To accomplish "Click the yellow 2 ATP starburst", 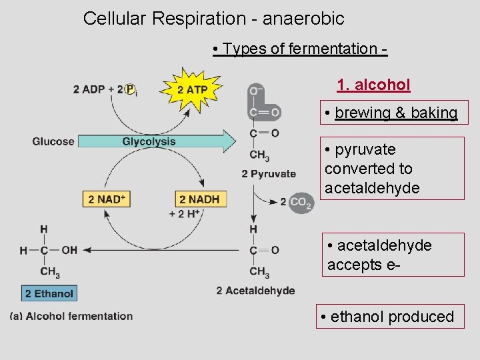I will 192,89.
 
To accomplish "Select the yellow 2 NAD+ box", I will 107,199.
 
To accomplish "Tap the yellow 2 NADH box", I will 199,199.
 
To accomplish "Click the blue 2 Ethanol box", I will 49,293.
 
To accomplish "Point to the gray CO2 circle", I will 300,202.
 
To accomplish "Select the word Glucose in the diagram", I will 53,141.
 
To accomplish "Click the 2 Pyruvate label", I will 269,174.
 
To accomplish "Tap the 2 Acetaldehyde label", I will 255,291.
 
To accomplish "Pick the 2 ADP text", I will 89,89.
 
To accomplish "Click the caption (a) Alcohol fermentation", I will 71,316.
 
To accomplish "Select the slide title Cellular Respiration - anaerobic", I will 213,19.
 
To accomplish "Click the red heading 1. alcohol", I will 373,85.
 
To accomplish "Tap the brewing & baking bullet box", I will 392,113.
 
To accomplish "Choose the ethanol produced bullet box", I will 387,317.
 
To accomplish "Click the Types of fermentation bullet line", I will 300,49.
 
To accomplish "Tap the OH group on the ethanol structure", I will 69,250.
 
